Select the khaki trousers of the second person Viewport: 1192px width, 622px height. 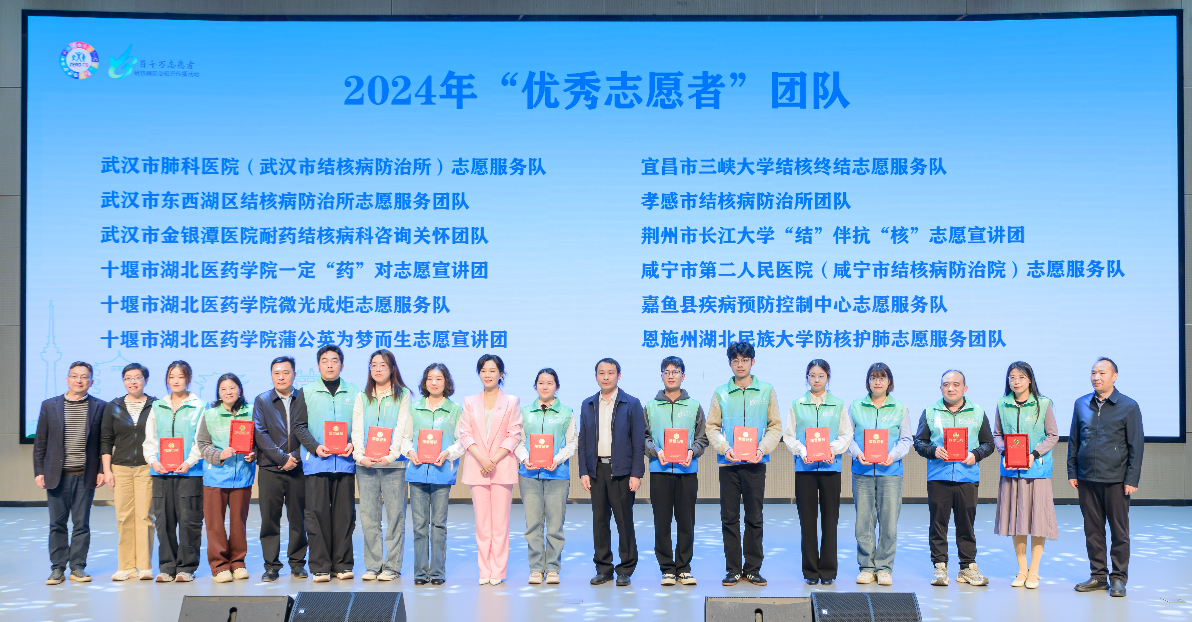tap(133, 514)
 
